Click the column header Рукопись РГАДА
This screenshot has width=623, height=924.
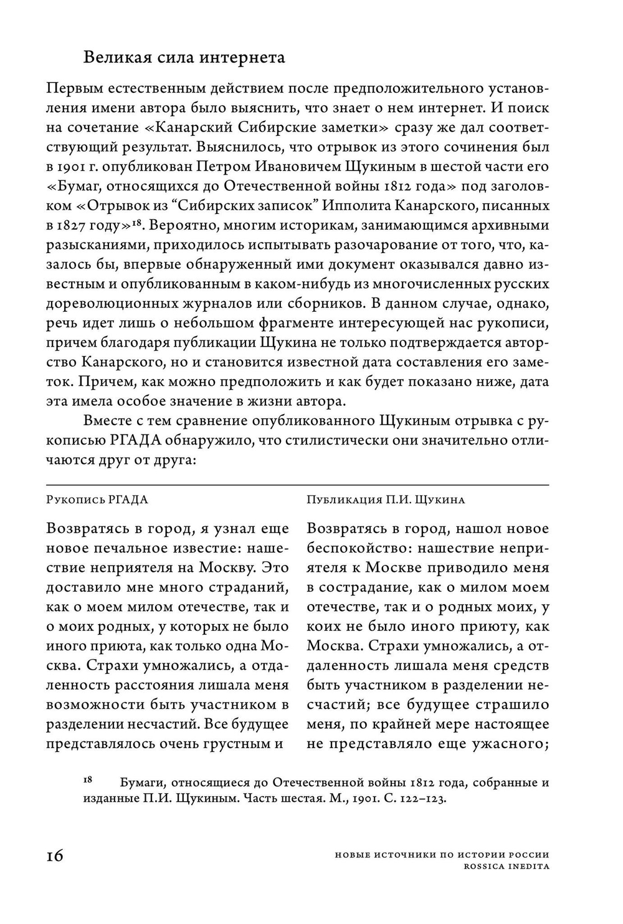point(98,499)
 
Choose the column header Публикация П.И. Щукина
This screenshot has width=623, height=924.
point(386,499)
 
